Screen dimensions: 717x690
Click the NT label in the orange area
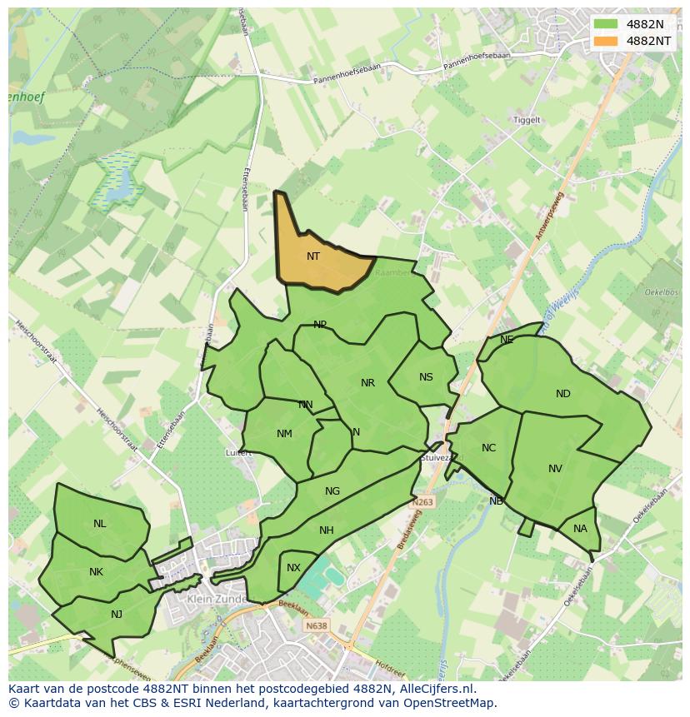pos(313,256)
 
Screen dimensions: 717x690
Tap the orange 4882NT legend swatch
pos(606,41)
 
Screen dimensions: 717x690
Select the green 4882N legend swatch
pos(606,24)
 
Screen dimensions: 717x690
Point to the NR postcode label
pos(367,383)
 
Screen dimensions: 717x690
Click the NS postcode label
pos(426,377)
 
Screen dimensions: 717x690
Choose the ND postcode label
pos(563,394)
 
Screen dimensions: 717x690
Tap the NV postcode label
pos(555,469)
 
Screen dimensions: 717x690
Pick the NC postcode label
pos(488,448)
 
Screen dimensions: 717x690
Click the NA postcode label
pos(580,529)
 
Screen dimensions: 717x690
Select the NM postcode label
pos(284,434)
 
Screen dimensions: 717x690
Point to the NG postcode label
pos(332,491)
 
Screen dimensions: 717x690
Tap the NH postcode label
pos(326,530)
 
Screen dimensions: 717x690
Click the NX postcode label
pos(293,568)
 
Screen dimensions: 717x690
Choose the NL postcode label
pos(99,524)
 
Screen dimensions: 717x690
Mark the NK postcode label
pos(96,572)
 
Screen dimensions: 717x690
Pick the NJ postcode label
pos(117,615)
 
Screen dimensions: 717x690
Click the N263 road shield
pos(422,503)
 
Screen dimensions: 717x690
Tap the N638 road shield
pos(316,626)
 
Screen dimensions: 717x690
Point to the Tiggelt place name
pos(527,120)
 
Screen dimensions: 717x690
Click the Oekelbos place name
pos(661,292)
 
